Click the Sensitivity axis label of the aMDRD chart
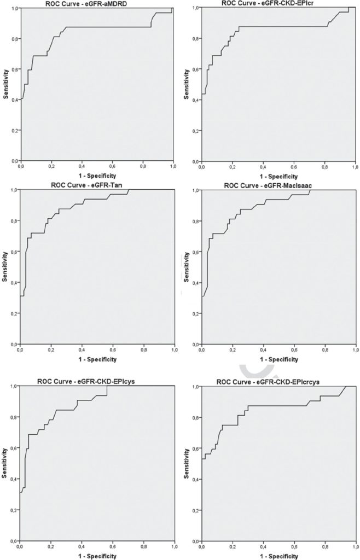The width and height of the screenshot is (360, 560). click(5, 85)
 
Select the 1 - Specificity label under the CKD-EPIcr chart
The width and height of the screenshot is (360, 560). click(279, 177)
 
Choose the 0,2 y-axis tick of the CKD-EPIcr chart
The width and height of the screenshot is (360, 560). click(195, 131)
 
